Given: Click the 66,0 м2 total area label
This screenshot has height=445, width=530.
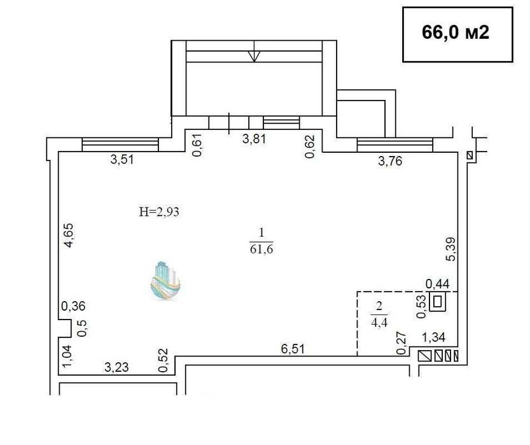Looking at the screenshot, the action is pyautogui.click(x=456, y=33).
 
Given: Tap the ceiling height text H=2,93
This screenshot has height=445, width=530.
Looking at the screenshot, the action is pyautogui.click(x=159, y=212).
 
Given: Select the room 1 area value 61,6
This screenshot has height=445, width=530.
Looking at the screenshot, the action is pyautogui.click(x=262, y=250).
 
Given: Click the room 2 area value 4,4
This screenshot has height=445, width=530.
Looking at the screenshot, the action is pyautogui.click(x=379, y=323).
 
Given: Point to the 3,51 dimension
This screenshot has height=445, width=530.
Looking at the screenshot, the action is pyautogui.click(x=122, y=159).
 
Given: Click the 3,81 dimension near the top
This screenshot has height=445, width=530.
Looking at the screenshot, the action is pyautogui.click(x=255, y=139).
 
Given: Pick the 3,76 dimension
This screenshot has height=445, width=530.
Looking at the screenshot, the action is pyautogui.click(x=391, y=161).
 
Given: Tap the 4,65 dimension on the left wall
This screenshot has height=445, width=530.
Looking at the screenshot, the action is pyautogui.click(x=69, y=236).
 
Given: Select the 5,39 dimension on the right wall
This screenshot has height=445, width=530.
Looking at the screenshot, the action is pyautogui.click(x=451, y=249).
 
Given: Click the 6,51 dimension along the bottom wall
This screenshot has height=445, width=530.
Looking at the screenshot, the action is pyautogui.click(x=293, y=349).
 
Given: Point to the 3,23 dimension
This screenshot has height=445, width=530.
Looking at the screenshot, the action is pyautogui.click(x=116, y=367).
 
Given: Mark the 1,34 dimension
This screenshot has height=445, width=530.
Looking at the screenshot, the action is pyautogui.click(x=434, y=337).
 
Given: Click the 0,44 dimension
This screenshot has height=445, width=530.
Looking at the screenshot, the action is pyautogui.click(x=437, y=284).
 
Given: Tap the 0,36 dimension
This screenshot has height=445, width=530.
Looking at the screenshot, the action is pyautogui.click(x=73, y=306).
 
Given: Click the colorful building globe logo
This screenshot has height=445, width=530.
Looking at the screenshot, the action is pyautogui.click(x=165, y=281).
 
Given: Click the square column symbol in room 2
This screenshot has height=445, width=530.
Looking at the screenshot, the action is pyautogui.click(x=438, y=301).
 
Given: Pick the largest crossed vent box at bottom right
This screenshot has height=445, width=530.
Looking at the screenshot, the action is pyautogui.click(x=424, y=356).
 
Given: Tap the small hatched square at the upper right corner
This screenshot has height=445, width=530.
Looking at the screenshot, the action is pyautogui.click(x=470, y=155).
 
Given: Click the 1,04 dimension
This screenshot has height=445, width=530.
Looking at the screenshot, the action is pyautogui.click(x=67, y=356).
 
